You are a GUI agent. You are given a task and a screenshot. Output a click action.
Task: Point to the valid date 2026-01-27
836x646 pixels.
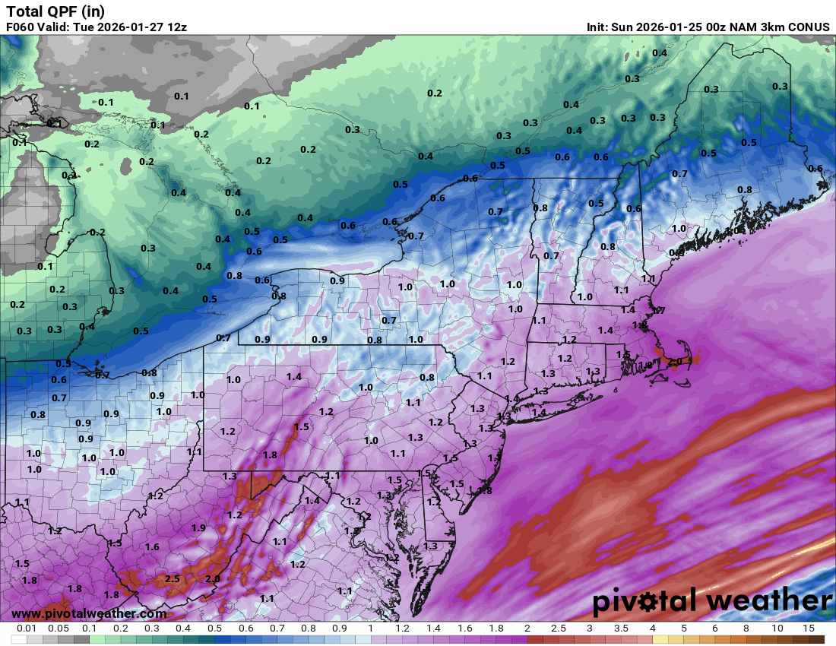coord(127,27)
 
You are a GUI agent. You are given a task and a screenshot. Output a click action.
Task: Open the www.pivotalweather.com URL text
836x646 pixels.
coord(89,613)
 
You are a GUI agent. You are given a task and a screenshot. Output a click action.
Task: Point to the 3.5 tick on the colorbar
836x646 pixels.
coord(621,629)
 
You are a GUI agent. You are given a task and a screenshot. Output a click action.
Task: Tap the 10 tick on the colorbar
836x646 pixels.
coord(777,629)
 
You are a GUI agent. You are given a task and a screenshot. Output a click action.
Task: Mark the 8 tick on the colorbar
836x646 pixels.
coord(746,629)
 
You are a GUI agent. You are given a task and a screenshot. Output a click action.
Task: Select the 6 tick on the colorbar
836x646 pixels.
coord(715,629)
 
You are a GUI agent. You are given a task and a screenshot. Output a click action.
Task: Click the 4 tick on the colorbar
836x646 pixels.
coord(652,629)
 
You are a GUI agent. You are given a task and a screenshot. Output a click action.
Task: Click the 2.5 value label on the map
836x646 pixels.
coord(173,578)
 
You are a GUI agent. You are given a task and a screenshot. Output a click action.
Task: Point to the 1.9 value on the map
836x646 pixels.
coord(199,527)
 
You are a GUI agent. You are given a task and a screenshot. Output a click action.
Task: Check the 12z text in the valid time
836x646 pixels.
coord(176,27)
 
